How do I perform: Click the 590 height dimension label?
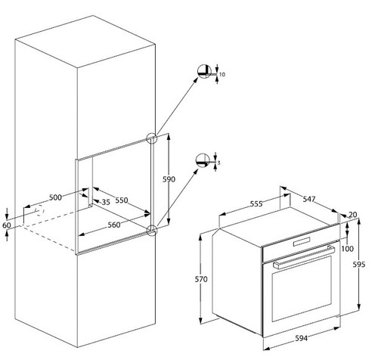coord(169,179)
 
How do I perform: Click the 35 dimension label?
coord(105,203)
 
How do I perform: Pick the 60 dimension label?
coord(7,225)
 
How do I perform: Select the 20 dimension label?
coord(352,215)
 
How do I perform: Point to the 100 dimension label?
coord(348,248)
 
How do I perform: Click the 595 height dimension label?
coord(359,265)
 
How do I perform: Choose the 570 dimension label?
coord(200,279)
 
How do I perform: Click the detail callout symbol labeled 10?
coord(203,73)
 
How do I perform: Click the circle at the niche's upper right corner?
coord(152,139)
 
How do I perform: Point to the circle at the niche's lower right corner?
coord(152,229)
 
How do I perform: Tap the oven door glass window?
coord(300,295)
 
